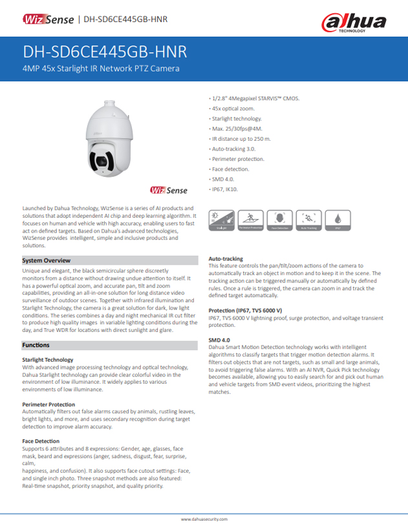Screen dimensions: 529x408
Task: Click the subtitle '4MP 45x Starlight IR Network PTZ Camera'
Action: tap(101, 68)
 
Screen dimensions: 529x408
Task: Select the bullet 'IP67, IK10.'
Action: tap(225, 189)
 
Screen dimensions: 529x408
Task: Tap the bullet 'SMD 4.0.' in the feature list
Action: tap(222, 179)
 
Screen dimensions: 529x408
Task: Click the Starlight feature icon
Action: tap(221, 220)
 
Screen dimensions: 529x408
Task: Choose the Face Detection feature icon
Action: tap(279, 220)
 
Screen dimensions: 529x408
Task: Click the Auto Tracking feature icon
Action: tap(308, 220)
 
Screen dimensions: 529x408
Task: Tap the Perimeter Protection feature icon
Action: tap(250, 220)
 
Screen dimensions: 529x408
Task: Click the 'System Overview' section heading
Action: tap(47, 260)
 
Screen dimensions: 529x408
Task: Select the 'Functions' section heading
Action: tap(36, 346)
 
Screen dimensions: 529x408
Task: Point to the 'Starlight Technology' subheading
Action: tap(48, 360)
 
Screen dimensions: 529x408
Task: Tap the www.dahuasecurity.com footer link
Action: tap(204, 519)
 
